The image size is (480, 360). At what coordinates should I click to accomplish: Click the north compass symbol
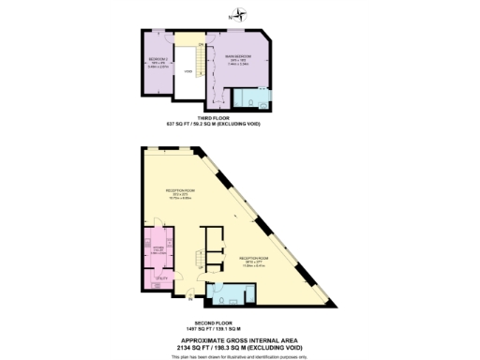point(239,14)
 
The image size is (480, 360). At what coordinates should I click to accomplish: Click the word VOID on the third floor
point(187,71)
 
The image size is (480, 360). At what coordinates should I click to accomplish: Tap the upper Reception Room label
point(179,194)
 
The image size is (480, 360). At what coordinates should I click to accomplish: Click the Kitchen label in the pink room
point(157,248)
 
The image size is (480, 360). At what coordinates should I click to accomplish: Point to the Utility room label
point(159,277)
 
